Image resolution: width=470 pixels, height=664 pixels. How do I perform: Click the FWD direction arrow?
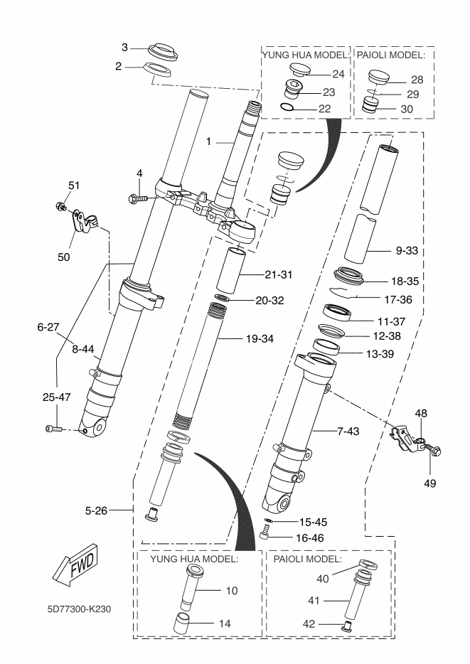coord(75,564)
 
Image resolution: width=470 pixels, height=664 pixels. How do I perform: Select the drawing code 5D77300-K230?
coord(79,609)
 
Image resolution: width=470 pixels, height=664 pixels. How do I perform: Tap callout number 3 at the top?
coord(124,48)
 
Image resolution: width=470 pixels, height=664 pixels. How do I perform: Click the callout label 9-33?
coord(407,250)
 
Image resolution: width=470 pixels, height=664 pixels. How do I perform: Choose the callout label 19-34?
coord(260,339)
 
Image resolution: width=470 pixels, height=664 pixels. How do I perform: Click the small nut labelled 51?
coord(60,207)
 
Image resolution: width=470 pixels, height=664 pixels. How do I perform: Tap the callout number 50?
coord(63,257)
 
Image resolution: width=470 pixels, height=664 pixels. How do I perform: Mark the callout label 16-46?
coord(310,537)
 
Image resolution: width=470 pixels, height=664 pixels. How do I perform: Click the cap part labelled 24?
coord(299,70)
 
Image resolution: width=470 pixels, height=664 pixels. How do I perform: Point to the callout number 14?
coord(225,623)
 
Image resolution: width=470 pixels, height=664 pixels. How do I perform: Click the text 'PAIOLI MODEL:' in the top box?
coord(391,55)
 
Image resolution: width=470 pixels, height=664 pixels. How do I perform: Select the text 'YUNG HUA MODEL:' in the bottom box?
coord(194,559)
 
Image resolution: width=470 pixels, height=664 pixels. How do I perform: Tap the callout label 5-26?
coord(96,510)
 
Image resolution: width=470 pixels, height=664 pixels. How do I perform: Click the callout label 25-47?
coord(56,397)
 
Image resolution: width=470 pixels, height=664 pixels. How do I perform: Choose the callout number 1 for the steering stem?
coord(208,141)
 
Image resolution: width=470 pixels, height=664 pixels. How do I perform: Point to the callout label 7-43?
coord(348,431)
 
